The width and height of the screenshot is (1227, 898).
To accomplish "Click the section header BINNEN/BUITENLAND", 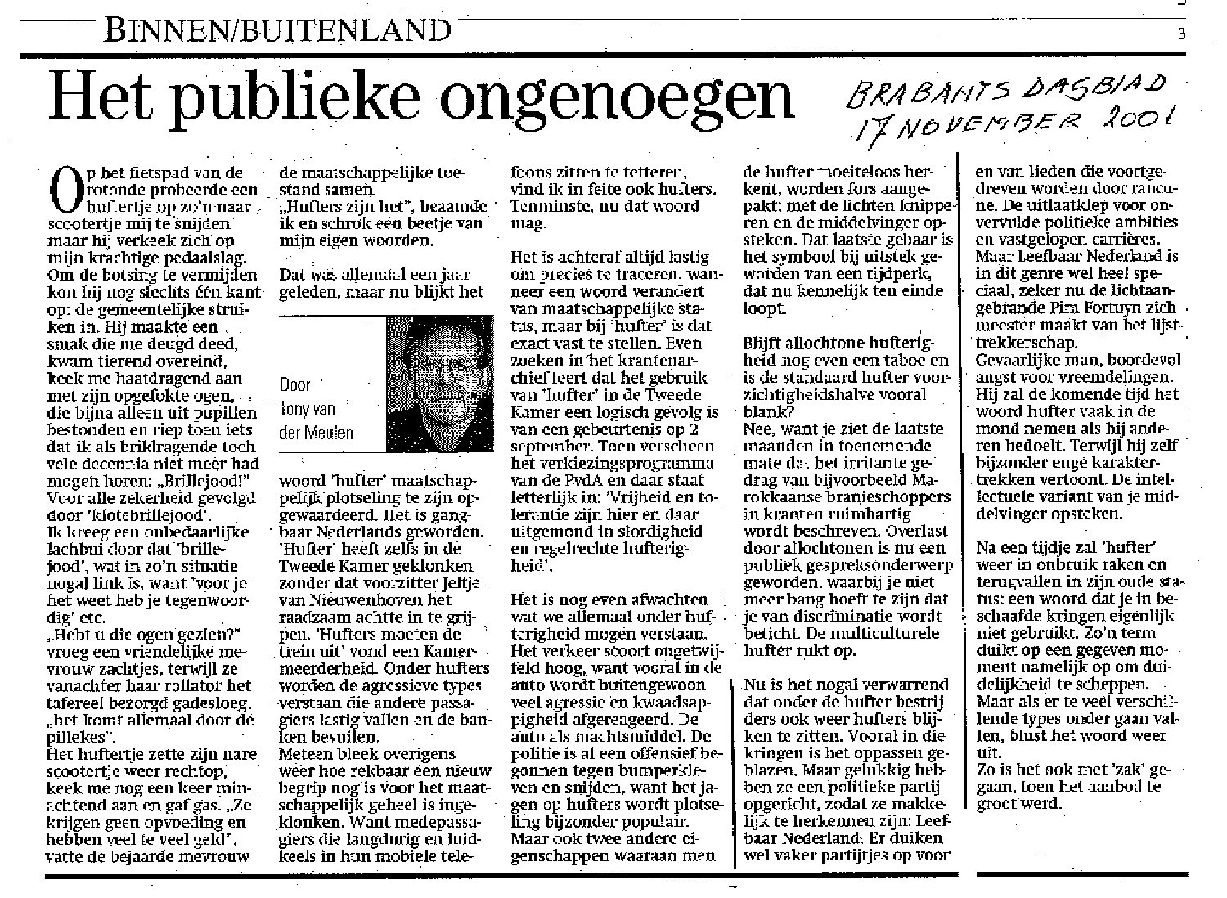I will pos(278,30).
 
